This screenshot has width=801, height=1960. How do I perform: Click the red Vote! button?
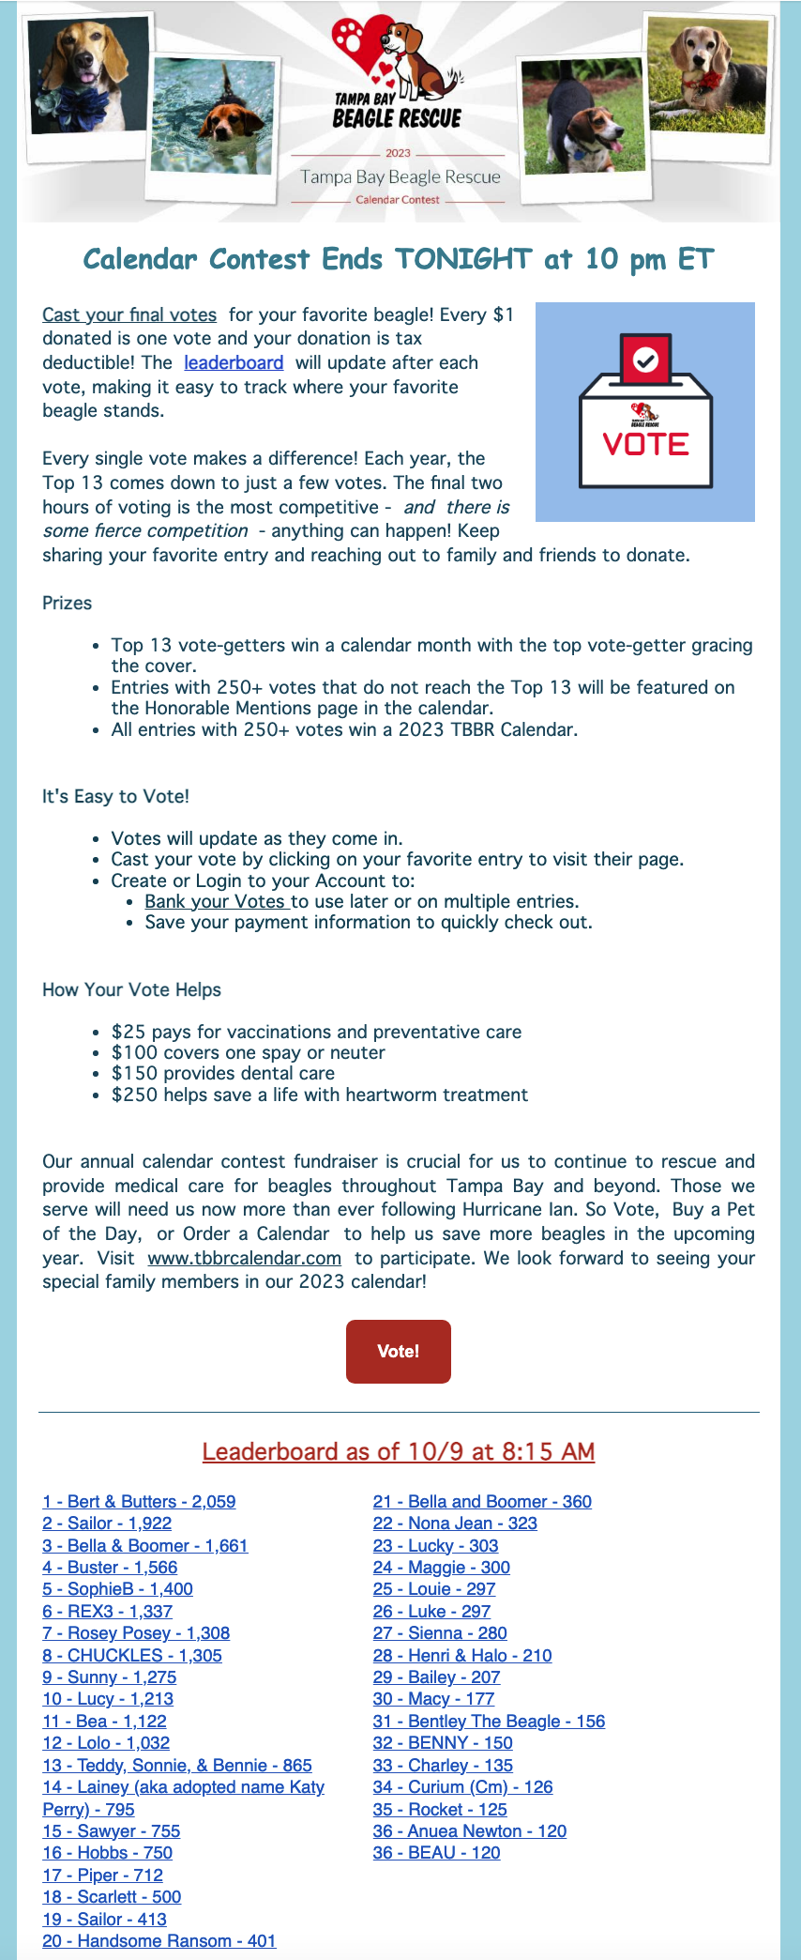pos(398,1351)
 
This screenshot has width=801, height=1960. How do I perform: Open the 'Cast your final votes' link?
pos(129,315)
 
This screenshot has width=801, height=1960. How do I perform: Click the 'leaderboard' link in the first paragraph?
pos(234,363)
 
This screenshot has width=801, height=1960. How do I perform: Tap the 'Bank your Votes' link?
pos(216,902)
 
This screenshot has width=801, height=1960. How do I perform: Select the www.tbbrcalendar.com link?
pos(244,1259)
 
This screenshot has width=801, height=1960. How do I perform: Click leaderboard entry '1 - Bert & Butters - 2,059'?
pos(139,1502)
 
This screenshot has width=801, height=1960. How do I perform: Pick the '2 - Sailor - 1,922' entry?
pos(107,1524)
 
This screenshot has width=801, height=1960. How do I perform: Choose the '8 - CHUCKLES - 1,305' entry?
pos(132,1656)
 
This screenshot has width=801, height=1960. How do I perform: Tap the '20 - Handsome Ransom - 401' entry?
pos(159,1941)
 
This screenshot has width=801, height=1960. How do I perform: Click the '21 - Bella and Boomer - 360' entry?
pos(482,1502)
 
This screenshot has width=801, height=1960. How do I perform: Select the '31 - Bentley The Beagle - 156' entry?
pos(489,1722)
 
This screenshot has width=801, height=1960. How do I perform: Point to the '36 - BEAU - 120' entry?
pos(436,1853)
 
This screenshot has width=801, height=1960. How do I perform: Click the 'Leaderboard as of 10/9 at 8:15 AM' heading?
pos(399,1452)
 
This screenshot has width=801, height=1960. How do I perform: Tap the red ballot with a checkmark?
pos(645,359)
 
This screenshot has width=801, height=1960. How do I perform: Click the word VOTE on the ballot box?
pos(645,444)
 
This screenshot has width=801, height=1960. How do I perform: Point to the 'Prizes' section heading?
pos(68,604)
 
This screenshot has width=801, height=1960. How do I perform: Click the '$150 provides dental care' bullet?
pos(222,1074)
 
